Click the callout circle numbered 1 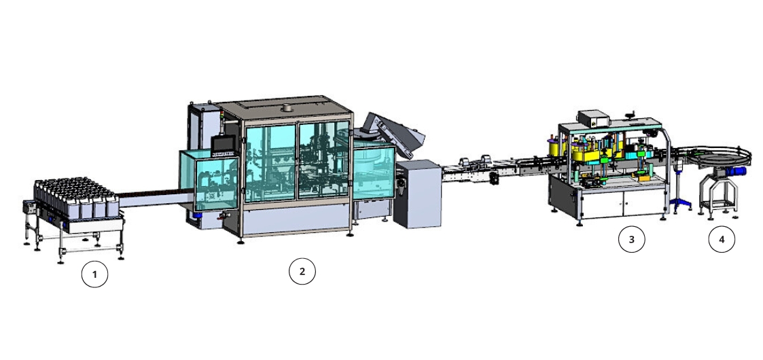94,274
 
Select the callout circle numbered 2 302,271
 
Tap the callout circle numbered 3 632,239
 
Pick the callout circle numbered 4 722,239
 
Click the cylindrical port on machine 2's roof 285,107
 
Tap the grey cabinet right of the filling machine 417,193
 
